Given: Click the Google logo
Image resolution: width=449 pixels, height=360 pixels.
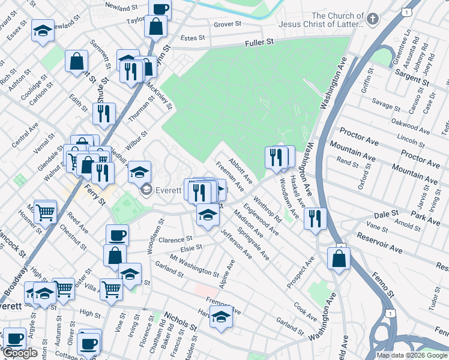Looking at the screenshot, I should pyautogui.click(x=20, y=353).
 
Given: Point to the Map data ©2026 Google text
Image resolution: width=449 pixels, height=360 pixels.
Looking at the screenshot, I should pyautogui.click(x=411, y=355).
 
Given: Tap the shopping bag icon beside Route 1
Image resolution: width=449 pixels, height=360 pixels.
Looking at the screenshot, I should pyautogui.click(x=339, y=258).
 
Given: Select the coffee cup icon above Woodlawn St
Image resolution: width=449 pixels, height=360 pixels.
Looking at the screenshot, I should pyautogui.click(x=117, y=235).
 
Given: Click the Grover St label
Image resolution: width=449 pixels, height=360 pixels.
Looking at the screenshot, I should pyautogui.click(x=228, y=25).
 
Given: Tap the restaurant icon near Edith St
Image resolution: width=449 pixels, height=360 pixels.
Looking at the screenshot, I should pyautogui.click(x=104, y=112).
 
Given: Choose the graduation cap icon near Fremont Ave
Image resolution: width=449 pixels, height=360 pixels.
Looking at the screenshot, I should pyautogui.click(x=221, y=316).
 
